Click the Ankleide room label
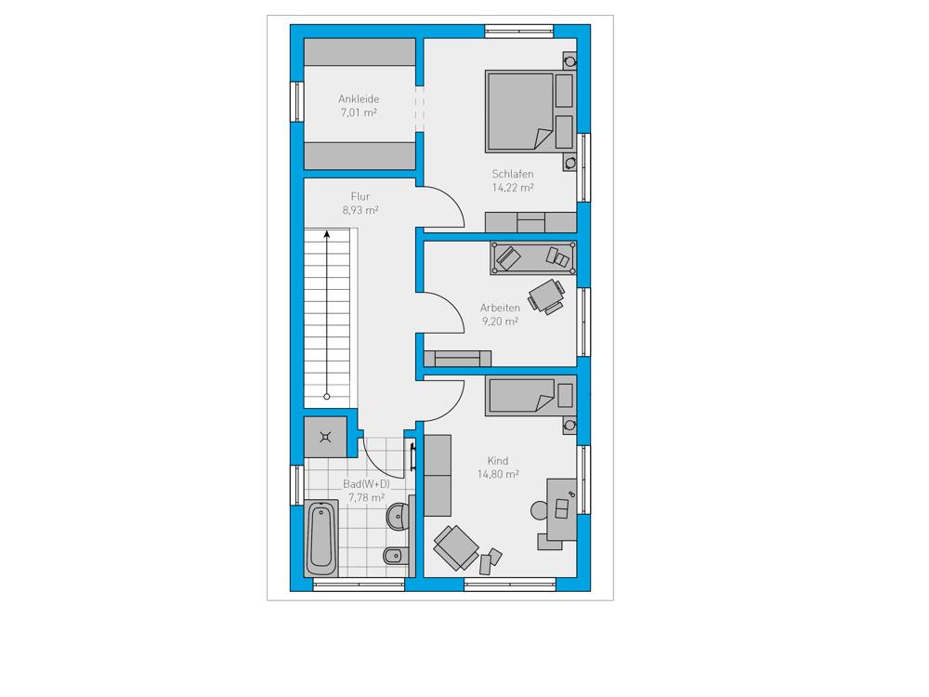click(x=359, y=99)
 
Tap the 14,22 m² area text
click(x=513, y=188)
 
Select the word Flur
click(x=360, y=196)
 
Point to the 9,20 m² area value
click(x=500, y=322)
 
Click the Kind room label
click(x=498, y=461)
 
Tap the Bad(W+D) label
click(x=366, y=484)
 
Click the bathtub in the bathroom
click(x=321, y=538)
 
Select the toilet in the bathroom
click(x=395, y=556)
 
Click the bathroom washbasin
click(x=398, y=517)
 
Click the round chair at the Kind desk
click(x=539, y=510)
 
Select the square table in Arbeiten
click(x=545, y=295)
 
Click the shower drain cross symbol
click(x=325, y=438)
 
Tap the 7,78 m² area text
click(x=366, y=498)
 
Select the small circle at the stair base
click(x=326, y=397)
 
